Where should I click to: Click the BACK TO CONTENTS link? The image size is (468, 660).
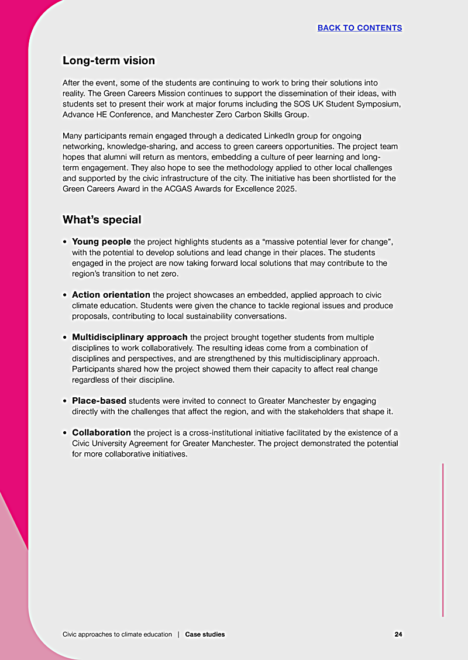pyautogui.click(x=359, y=28)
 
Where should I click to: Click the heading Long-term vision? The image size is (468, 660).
pyautogui.click(x=109, y=61)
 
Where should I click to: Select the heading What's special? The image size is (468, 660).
pyautogui.click(x=102, y=220)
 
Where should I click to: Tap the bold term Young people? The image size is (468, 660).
pyautogui.click(x=101, y=242)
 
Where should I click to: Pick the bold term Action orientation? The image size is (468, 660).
pyautogui.click(x=111, y=295)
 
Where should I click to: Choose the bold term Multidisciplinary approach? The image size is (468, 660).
pyautogui.click(x=129, y=338)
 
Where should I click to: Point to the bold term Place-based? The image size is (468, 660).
pyautogui.click(x=99, y=401)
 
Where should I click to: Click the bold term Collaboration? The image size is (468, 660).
pyautogui.click(x=102, y=433)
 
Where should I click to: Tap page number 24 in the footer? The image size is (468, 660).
pyautogui.click(x=398, y=634)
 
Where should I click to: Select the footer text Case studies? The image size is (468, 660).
pyautogui.click(x=205, y=634)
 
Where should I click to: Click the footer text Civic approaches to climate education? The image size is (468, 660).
pyautogui.click(x=117, y=634)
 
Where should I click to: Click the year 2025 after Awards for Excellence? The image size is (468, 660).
pyautogui.click(x=286, y=189)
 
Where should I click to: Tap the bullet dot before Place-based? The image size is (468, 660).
pyautogui.click(x=65, y=402)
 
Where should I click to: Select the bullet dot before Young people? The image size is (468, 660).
pyautogui.click(x=65, y=242)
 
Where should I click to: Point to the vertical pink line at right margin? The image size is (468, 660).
pyautogui.click(x=443, y=538)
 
